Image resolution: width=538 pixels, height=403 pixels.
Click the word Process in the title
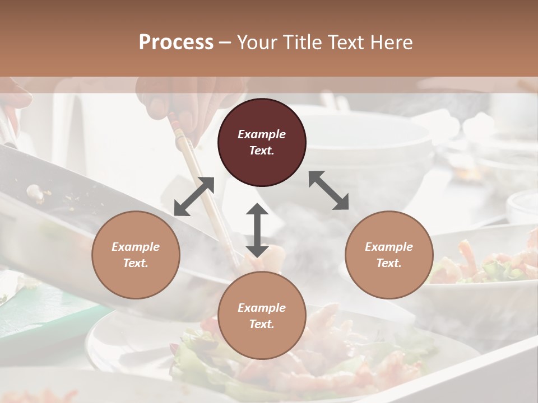(x=176, y=43)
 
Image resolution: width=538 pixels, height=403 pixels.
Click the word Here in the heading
(x=391, y=43)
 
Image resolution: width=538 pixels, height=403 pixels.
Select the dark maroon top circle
(x=262, y=142)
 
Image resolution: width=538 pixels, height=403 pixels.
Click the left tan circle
(x=136, y=255)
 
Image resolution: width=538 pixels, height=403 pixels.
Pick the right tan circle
(x=389, y=255)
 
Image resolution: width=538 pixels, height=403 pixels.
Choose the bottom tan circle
(x=262, y=316)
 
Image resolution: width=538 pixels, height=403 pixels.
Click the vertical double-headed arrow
(x=257, y=230)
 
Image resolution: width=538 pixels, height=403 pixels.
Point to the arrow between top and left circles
(x=194, y=196)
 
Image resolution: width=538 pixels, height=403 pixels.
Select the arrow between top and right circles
(x=329, y=190)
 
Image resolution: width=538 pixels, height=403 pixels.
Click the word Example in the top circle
(x=262, y=134)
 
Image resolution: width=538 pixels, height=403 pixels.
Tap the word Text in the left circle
(x=136, y=263)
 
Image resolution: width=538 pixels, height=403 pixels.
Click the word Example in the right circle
(x=389, y=247)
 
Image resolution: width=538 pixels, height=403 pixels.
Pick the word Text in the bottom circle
(x=262, y=324)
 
